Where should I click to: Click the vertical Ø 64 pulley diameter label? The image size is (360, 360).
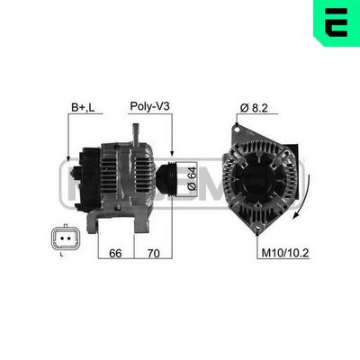191,175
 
